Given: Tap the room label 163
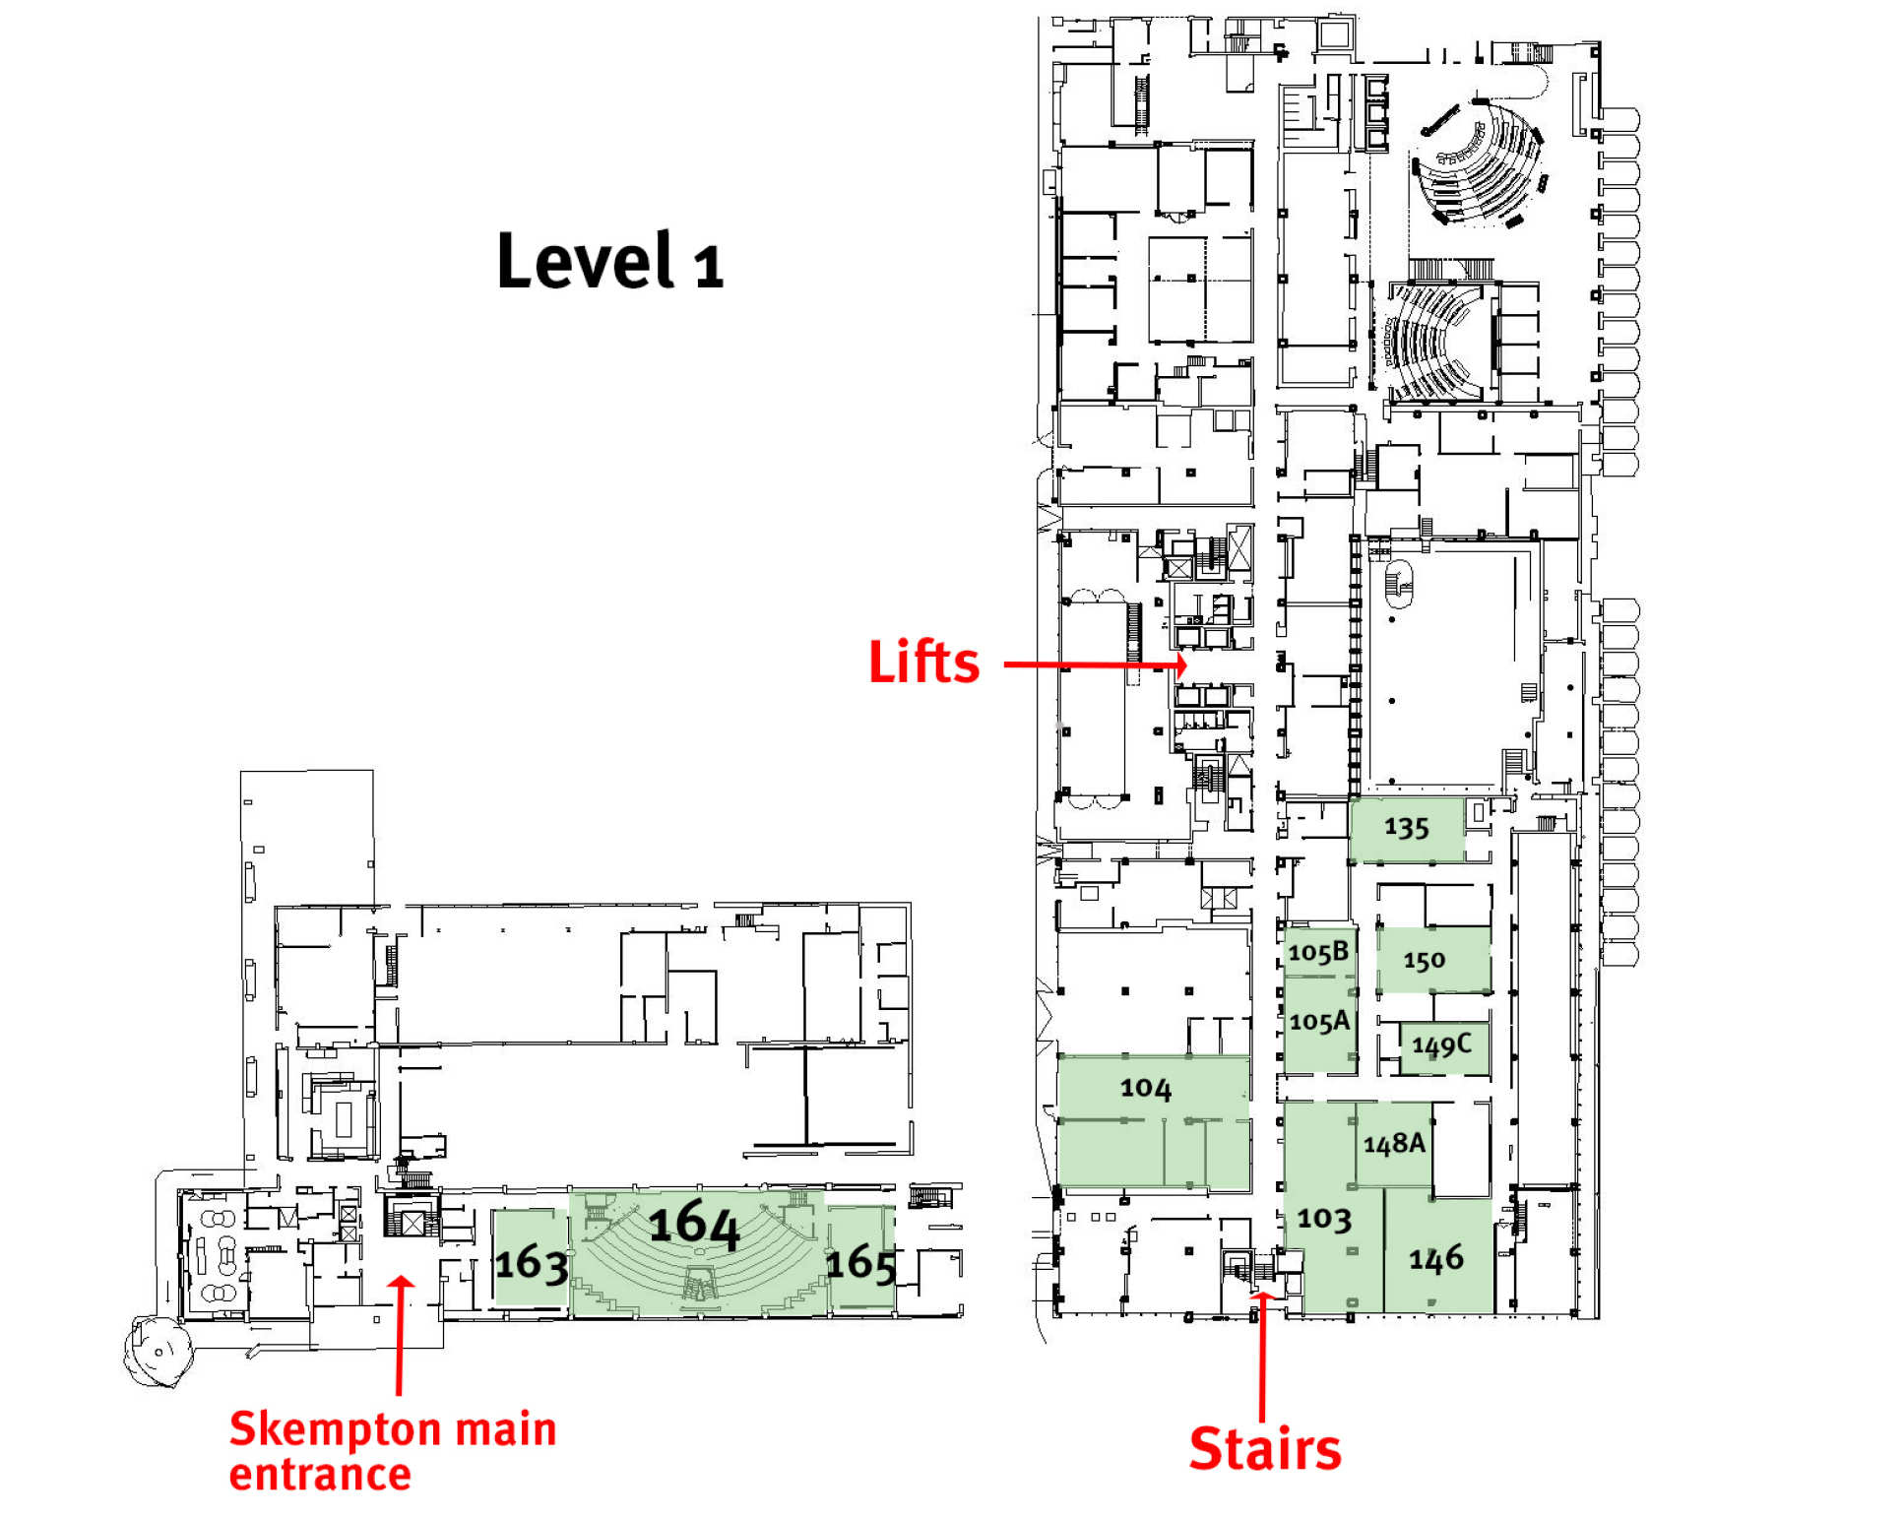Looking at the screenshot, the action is pos(531,1263).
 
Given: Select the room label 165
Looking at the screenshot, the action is pos(860,1263).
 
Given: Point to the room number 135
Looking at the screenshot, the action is pos(1405,827).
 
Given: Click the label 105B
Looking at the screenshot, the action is pos(1317,952).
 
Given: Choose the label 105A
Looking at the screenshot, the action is pos(1318,1022).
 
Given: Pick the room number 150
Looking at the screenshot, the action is pos(1424,960).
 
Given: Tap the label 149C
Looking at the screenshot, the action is pos(1441,1044).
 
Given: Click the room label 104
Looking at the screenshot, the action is pos(1145,1088).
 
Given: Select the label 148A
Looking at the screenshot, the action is pos(1394,1143).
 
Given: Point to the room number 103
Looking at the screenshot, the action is pos(1323,1219).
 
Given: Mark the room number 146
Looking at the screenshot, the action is pos(1435,1258).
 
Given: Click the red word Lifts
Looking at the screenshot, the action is pos(923,662).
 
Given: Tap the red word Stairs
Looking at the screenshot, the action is pos(1265,1448).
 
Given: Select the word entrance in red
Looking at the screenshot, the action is pos(320,1475).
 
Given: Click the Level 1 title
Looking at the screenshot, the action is pos(610,261).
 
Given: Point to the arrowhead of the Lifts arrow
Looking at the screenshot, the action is pos(1180,665).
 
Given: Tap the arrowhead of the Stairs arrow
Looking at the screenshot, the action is pos(1262,1298).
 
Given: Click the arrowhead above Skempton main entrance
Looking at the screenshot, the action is pos(401,1283).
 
